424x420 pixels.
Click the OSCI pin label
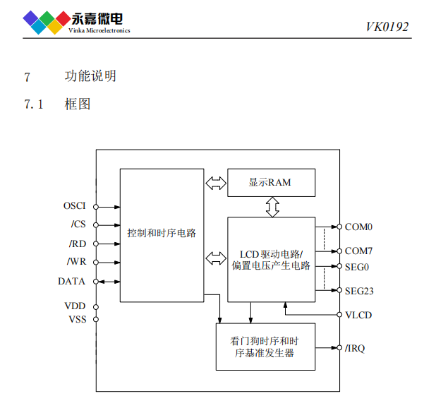coord(74,206)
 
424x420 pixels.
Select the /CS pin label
coord(78,225)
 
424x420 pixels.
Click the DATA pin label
coord(72,281)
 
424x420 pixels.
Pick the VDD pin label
coord(75,306)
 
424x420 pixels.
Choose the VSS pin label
coord(76,319)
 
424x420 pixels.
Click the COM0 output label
coord(358,227)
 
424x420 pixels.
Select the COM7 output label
coord(358,251)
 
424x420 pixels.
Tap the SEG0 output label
coord(357,267)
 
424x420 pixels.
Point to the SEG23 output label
coord(359,290)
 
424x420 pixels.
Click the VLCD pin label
coord(358,315)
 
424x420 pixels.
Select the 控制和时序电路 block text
coord(162,233)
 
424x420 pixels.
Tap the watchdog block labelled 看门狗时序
coord(264,346)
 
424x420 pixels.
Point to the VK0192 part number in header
coord(387,27)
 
